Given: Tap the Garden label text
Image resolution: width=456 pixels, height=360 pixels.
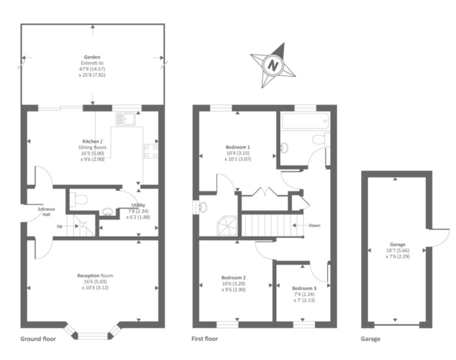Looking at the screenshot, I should tap(92, 57).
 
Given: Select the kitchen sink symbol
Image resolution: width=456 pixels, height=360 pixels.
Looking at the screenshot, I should tap(125, 119).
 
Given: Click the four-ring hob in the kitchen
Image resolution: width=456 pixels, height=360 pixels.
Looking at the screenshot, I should tap(151, 151).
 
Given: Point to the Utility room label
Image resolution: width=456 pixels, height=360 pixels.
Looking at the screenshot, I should tap(138, 205).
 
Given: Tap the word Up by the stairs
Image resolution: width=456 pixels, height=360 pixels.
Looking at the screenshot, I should tap(59, 226).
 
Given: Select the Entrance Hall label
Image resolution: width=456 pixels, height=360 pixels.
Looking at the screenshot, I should tap(46, 212).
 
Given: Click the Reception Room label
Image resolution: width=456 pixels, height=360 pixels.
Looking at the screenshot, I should tap(95, 276).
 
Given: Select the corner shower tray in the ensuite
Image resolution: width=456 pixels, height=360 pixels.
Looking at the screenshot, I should tap(228, 226).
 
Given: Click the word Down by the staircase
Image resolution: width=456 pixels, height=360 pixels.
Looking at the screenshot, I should tap(315, 225).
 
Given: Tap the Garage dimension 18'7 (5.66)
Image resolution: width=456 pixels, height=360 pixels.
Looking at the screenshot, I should tap(397, 250).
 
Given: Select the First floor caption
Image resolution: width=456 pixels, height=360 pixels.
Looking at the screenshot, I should tap(205, 339).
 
